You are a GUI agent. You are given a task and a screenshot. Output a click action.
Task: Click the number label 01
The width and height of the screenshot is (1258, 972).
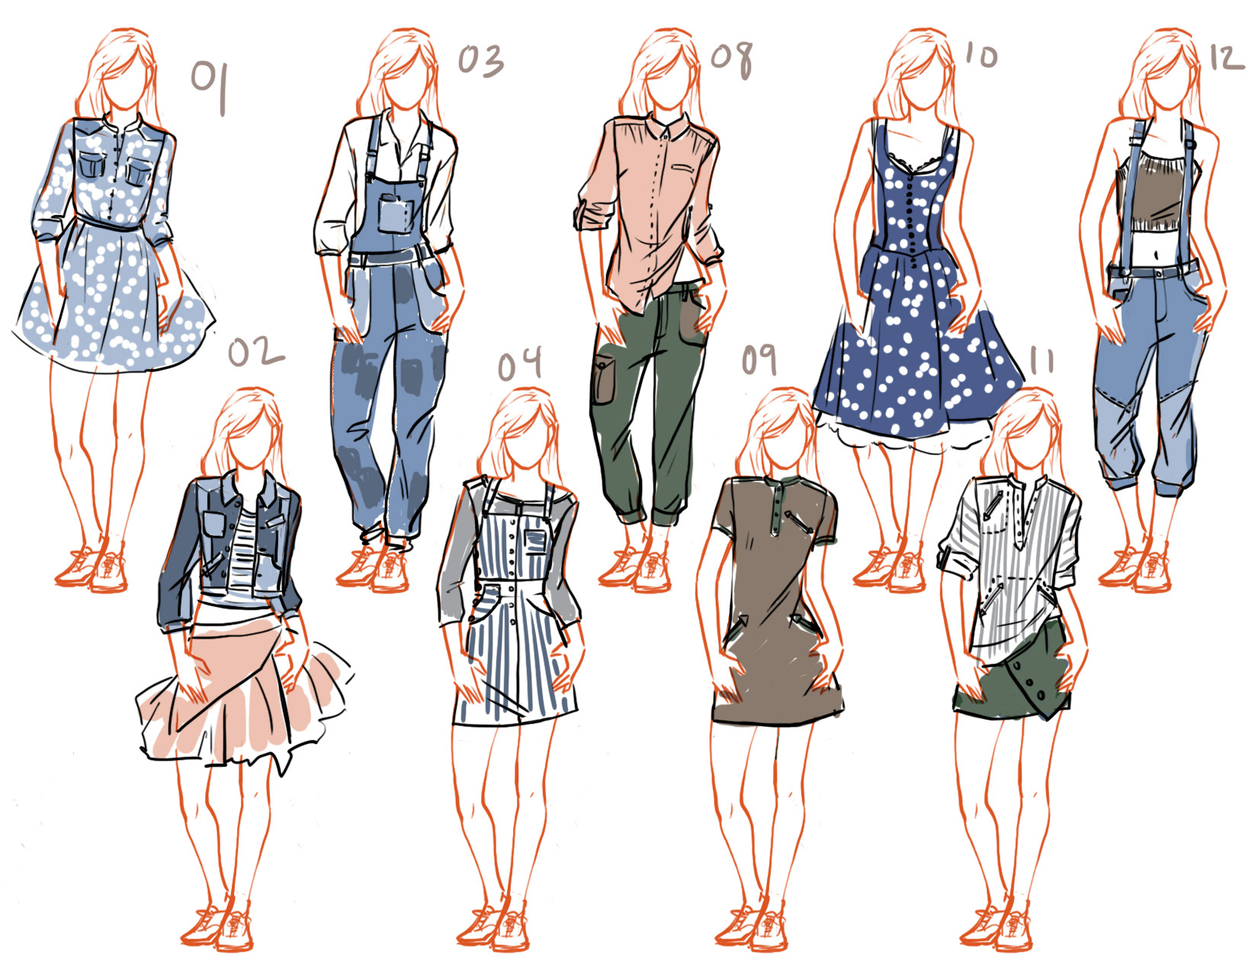tap(210, 87)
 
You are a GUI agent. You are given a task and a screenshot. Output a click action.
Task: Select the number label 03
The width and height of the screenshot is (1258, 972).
tap(480, 61)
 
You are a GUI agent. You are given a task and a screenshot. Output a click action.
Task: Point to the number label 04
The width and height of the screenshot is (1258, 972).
tap(520, 364)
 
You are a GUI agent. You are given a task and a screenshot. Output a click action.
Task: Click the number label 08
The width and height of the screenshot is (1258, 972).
tap(732, 60)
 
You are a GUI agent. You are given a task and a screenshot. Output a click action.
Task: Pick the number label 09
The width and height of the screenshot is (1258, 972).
tap(759, 360)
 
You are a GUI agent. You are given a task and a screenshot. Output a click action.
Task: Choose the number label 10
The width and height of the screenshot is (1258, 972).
tap(981, 56)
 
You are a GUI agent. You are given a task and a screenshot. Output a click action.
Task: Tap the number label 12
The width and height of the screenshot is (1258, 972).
tap(1227, 58)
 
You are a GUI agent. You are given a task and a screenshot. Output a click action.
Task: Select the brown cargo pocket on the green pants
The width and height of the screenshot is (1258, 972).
tap(603, 379)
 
